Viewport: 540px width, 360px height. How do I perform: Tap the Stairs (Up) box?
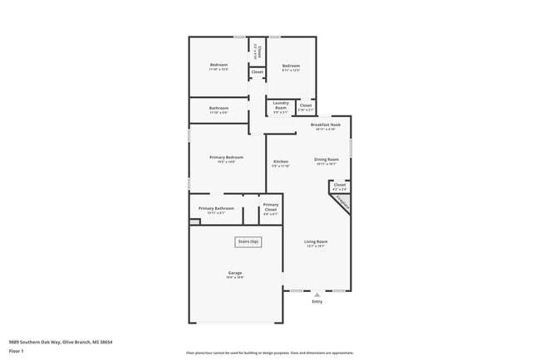pyautogui.click(x=248, y=242)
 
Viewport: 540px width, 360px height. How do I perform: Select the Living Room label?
pyautogui.click(x=317, y=242)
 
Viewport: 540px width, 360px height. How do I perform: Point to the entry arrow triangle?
pyautogui.click(x=317, y=294)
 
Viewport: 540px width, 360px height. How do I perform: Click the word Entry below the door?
pyautogui.click(x=317, y=302)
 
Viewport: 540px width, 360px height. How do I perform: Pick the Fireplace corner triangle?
pyautogui.click(x=341, y=204)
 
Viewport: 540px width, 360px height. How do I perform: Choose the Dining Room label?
pyautogui.click(x=326, y=160)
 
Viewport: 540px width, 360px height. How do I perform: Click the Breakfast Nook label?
pyautogui.click(x=325, y=126)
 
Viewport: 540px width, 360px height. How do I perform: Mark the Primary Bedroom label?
pyautogui.click(x=218, y=158)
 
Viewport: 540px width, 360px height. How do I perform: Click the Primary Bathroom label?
pyautogui.click(x=216, y=209)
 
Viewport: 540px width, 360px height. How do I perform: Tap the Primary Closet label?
pyautogui.click(x=271, y=207)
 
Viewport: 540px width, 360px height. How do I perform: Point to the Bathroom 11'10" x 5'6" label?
pyautogui.click(x=218, y=109)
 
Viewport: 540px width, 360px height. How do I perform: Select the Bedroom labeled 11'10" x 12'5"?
pyautogui.click(x=218, y=66)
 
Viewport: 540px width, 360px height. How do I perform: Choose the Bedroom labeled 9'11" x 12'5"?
pyautogui.click(x=290, y=67)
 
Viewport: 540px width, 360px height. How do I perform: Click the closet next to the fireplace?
pyautogui.click(x=340, y=186)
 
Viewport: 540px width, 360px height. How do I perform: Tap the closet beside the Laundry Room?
pyautogui.click(x=306, y=106)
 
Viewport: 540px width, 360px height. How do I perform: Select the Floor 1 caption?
pyautogui.click(x=17, y=350)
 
